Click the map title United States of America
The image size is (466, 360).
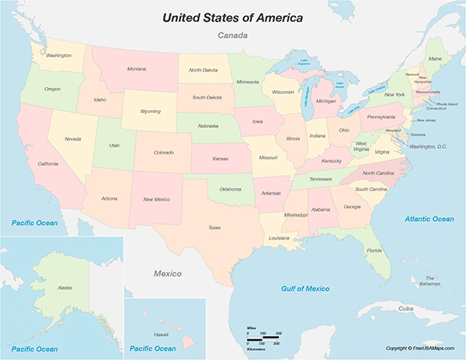click(x=232, y=16)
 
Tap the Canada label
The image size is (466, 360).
click(x=232, y=36)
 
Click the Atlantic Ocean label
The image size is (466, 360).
click(x=429, y=219)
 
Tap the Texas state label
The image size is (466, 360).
click(x=214, y=227)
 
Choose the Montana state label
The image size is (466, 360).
click(x=137, y=69)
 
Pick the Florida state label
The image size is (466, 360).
click(x=374, y=251)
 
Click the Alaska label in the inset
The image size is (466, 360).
click(x=64, y=288)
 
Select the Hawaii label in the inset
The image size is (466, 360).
click(x=161, y=334)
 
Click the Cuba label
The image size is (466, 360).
click(x=405, y=308)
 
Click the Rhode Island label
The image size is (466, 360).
click(x=446, y=102)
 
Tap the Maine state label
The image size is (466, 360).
click(x=435, y=59)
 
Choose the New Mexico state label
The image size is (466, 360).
click(x=157, y=199)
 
